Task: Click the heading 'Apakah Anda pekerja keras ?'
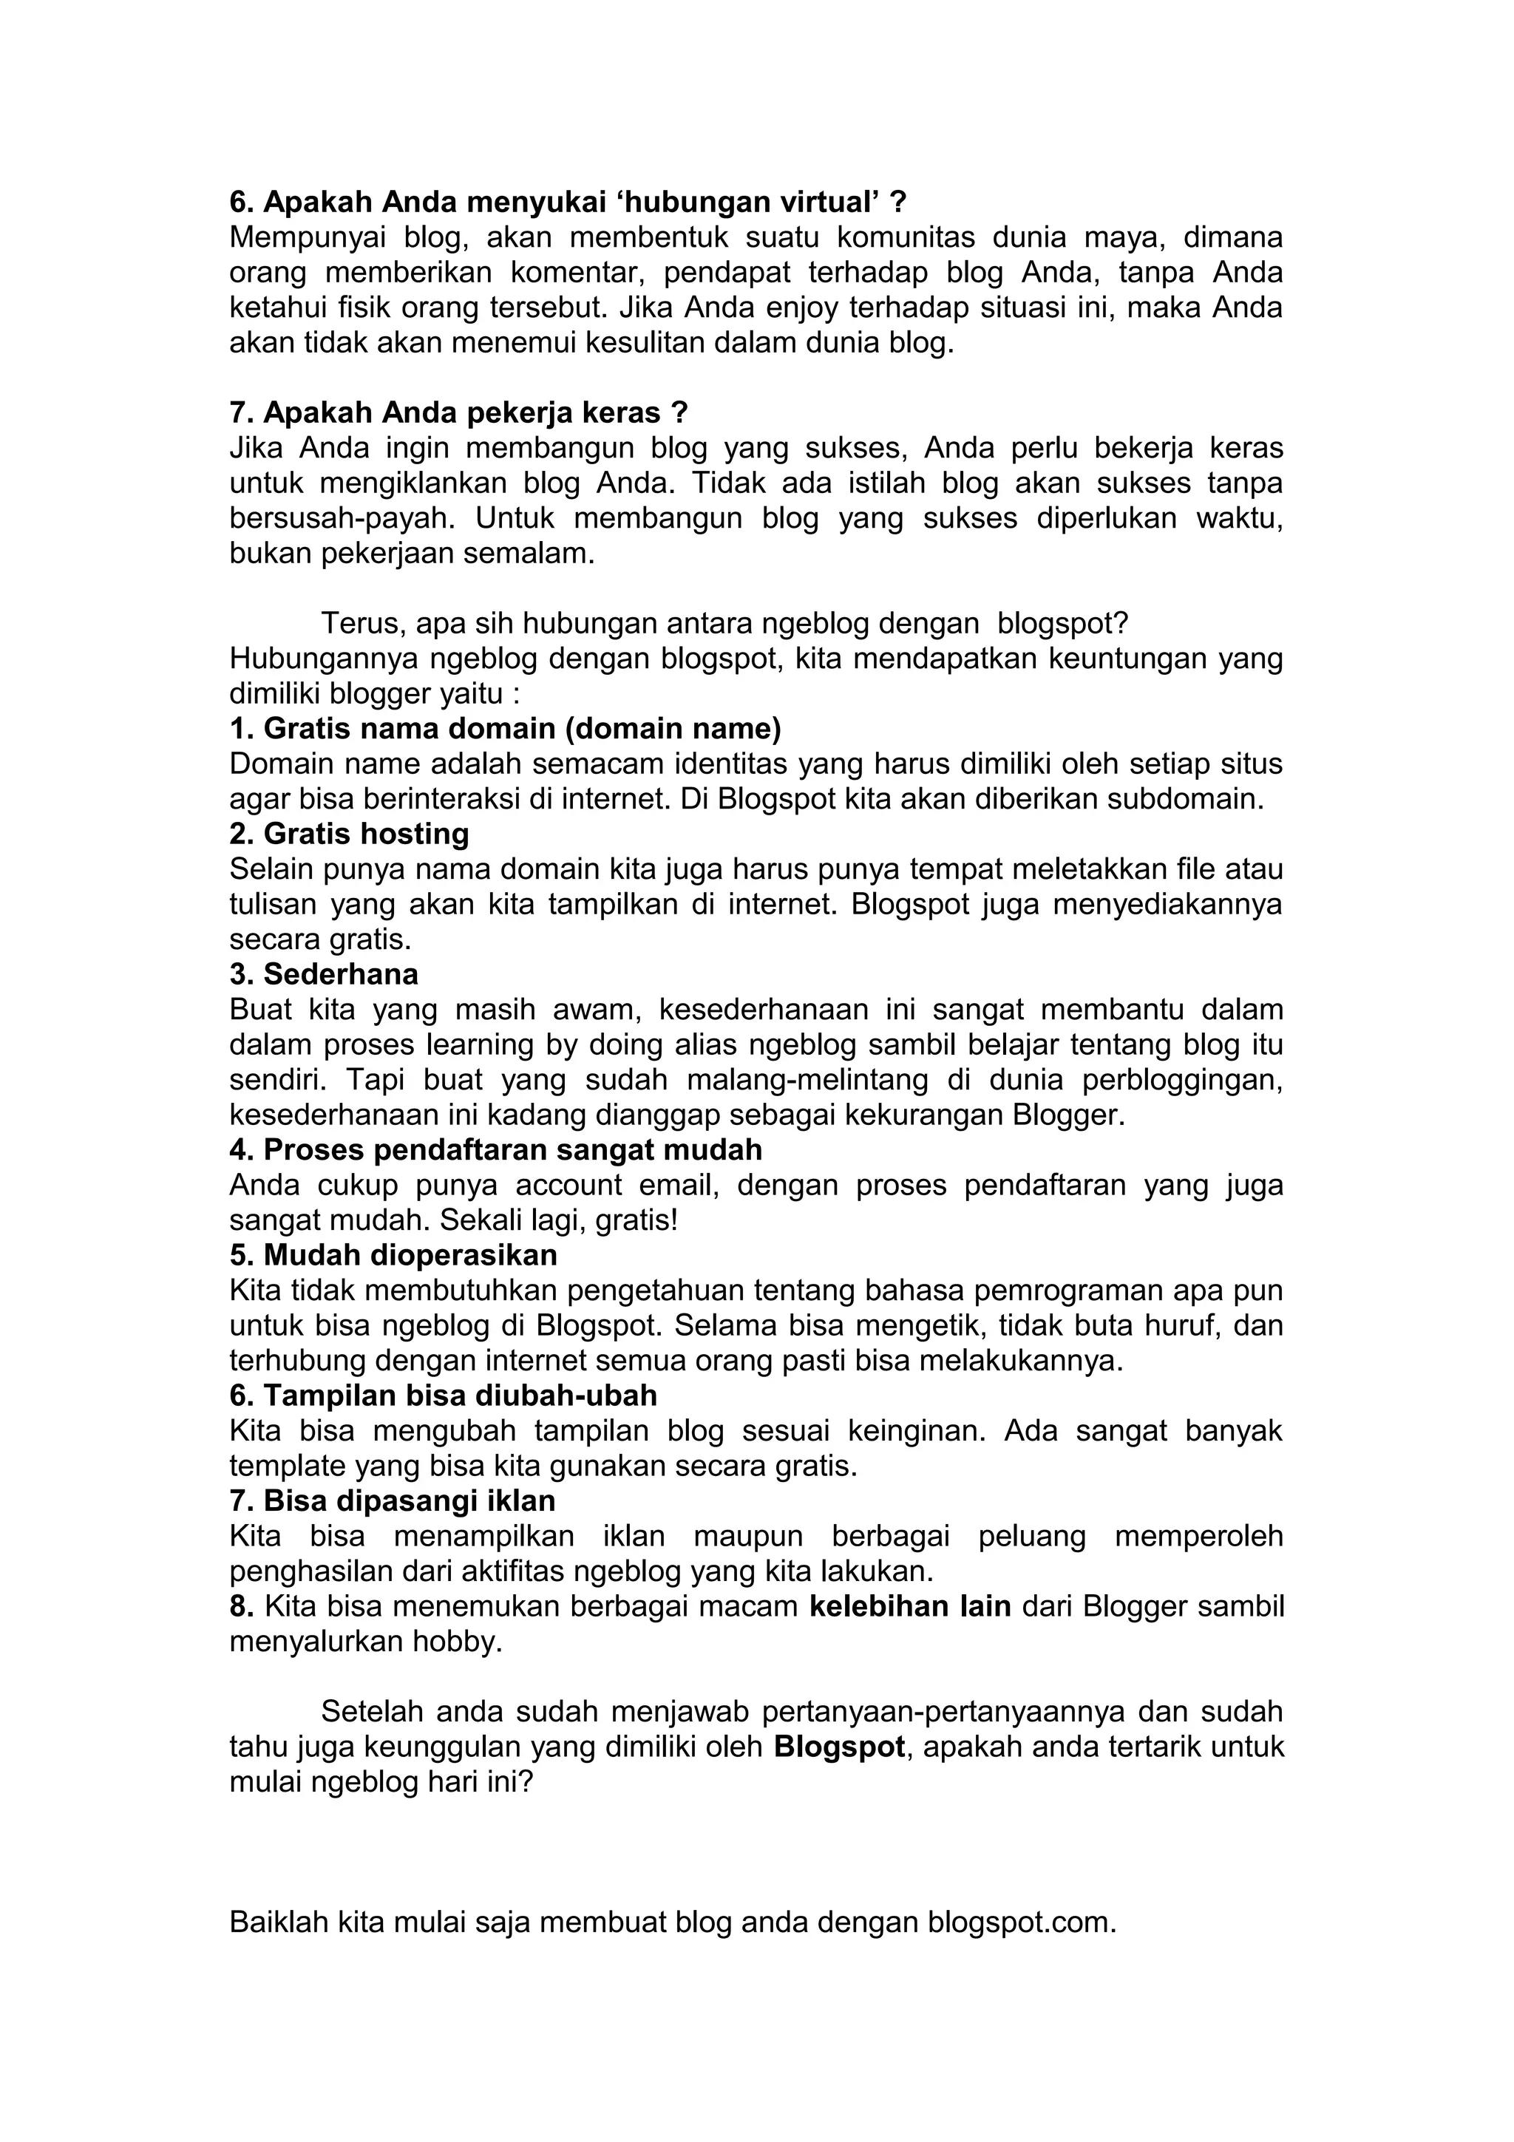point(476,412)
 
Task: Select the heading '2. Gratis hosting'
point(349,833)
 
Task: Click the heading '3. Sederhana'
point(324,974)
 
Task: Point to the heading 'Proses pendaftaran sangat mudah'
point(512,1149)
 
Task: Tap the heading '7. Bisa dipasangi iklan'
point(392,1501)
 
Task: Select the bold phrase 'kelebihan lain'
point(911,1607)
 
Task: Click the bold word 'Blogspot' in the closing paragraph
point(840,1747)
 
